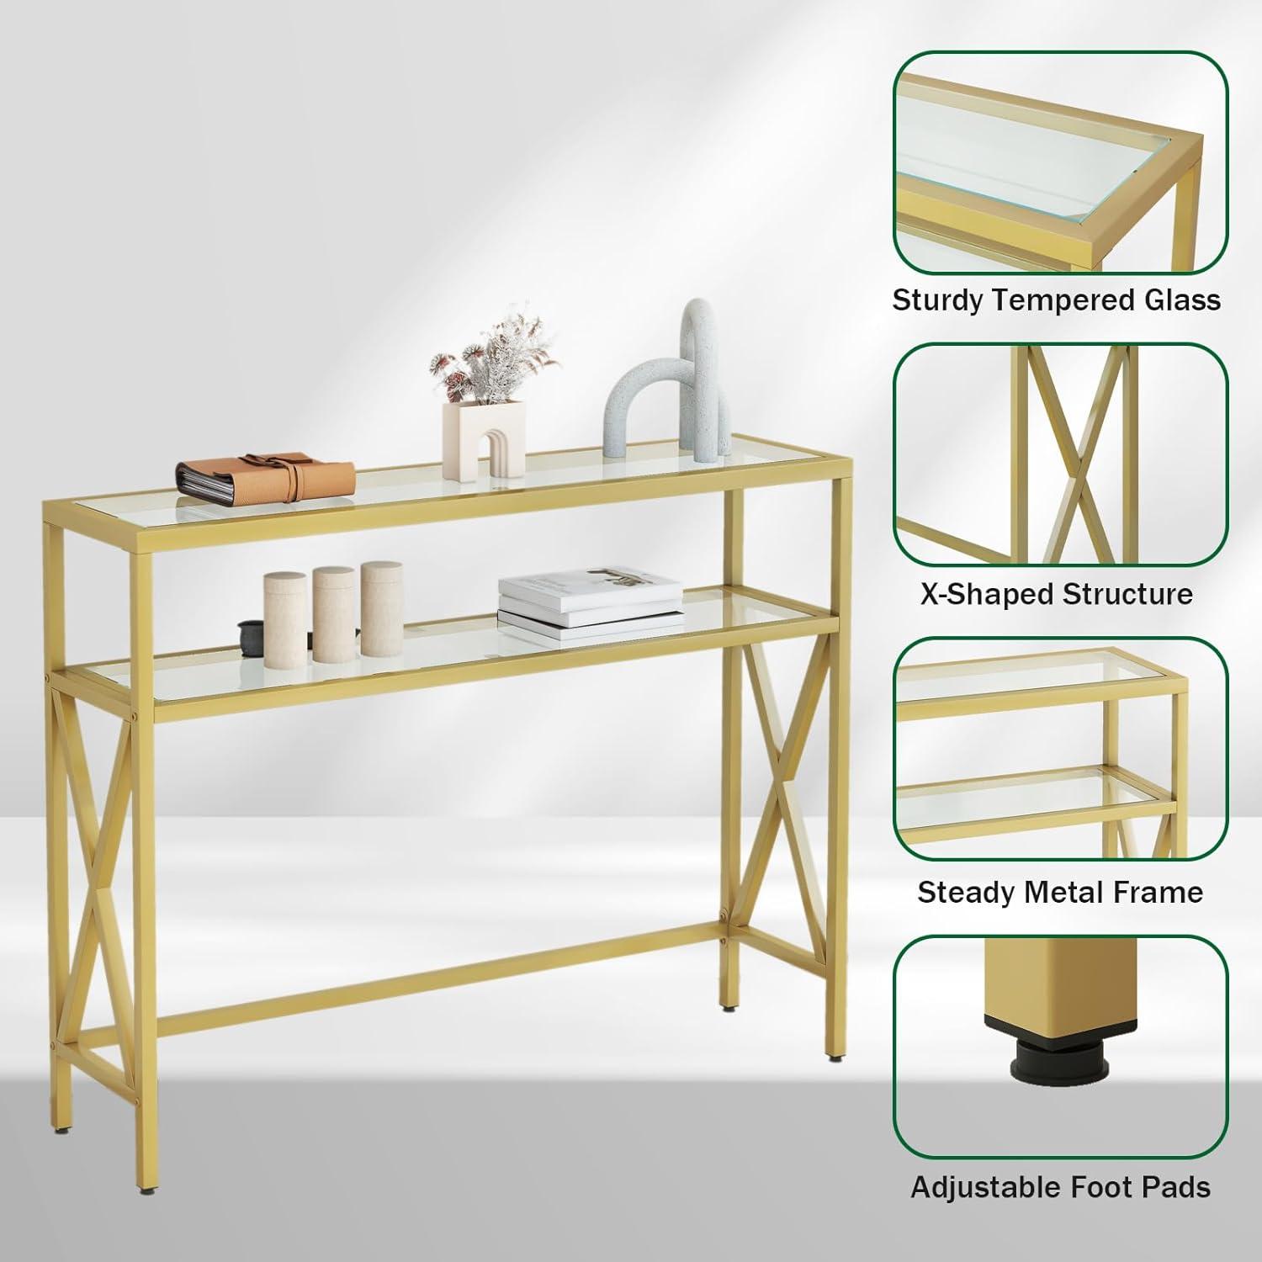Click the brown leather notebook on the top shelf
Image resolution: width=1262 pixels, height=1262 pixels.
266,478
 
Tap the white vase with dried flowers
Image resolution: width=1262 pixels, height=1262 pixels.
484,441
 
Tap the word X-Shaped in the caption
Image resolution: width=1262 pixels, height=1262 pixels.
984,595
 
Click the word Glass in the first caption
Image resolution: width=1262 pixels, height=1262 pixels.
1185,300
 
